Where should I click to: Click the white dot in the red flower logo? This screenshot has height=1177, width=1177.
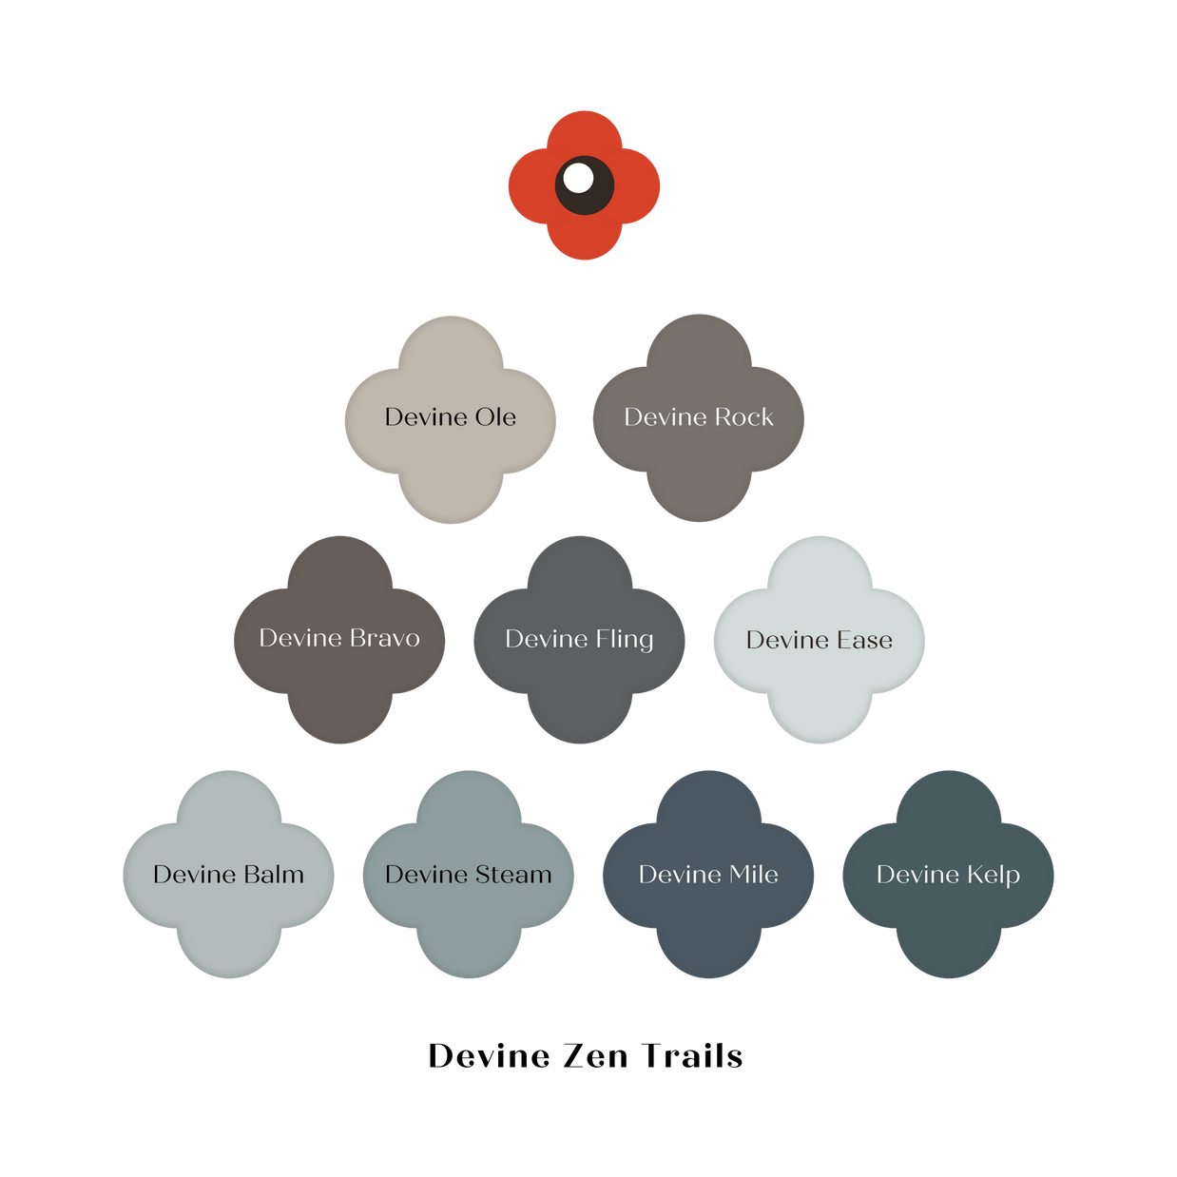578,178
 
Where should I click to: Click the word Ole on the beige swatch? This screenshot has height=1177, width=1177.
495,417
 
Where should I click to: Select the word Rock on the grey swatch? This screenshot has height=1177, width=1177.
743,417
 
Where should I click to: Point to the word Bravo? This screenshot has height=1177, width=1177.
384,638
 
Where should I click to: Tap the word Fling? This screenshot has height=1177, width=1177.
624,640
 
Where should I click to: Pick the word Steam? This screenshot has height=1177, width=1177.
512,875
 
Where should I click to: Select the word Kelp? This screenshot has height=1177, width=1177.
993,875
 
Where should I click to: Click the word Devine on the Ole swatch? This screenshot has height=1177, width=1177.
425,417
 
